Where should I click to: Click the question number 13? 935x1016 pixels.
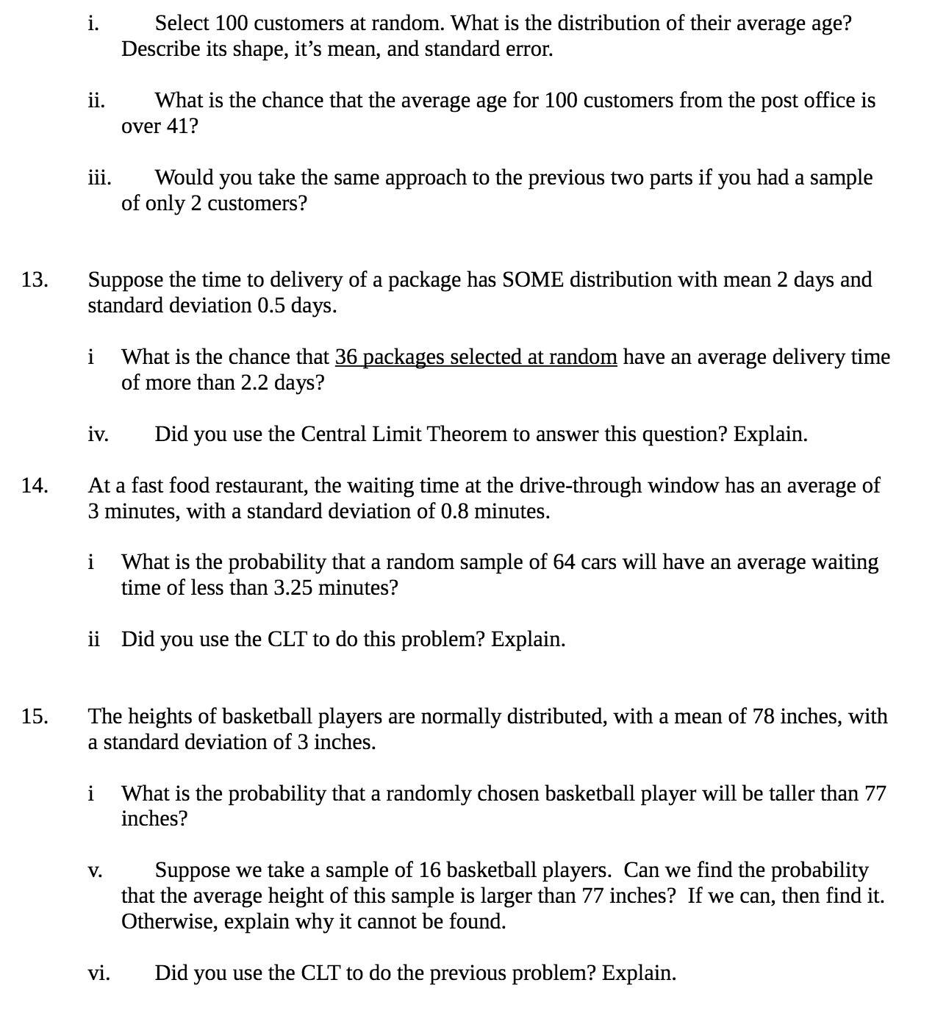[x=35, y=280]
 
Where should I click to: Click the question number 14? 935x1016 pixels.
[x=35, y=486]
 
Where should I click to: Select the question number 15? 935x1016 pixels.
[x=35, y=717]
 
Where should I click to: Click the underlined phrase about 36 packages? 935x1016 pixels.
[x=476, y=357]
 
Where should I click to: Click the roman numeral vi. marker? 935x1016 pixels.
[x=99, y=973]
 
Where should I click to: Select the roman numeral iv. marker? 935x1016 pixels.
[x=98, y=434]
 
